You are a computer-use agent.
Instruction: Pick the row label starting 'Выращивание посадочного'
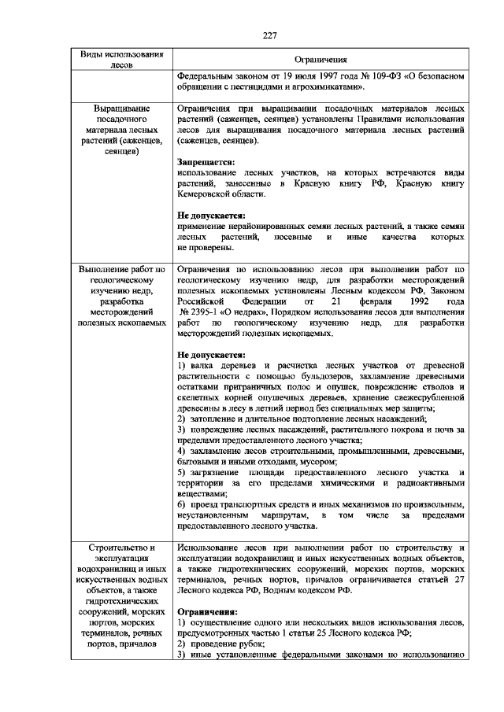(122, 130)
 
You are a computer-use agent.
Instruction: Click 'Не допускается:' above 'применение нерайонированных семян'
(211, 215)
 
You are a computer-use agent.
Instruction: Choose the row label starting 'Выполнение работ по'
(122, 296)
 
